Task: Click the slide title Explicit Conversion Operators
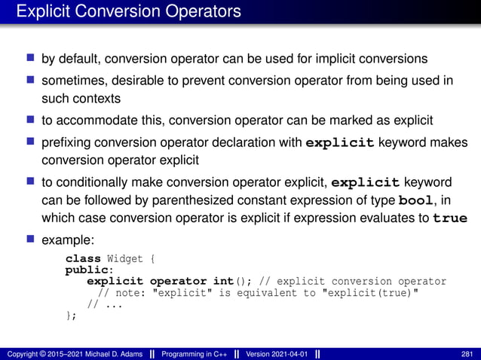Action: (129, 12)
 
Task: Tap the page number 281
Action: (467, 354)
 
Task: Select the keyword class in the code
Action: (81, 260)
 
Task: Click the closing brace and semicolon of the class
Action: (71, 315)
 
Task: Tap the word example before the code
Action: (66, 239)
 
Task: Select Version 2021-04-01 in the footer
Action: (275, 354)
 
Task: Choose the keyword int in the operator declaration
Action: (223, 282)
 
